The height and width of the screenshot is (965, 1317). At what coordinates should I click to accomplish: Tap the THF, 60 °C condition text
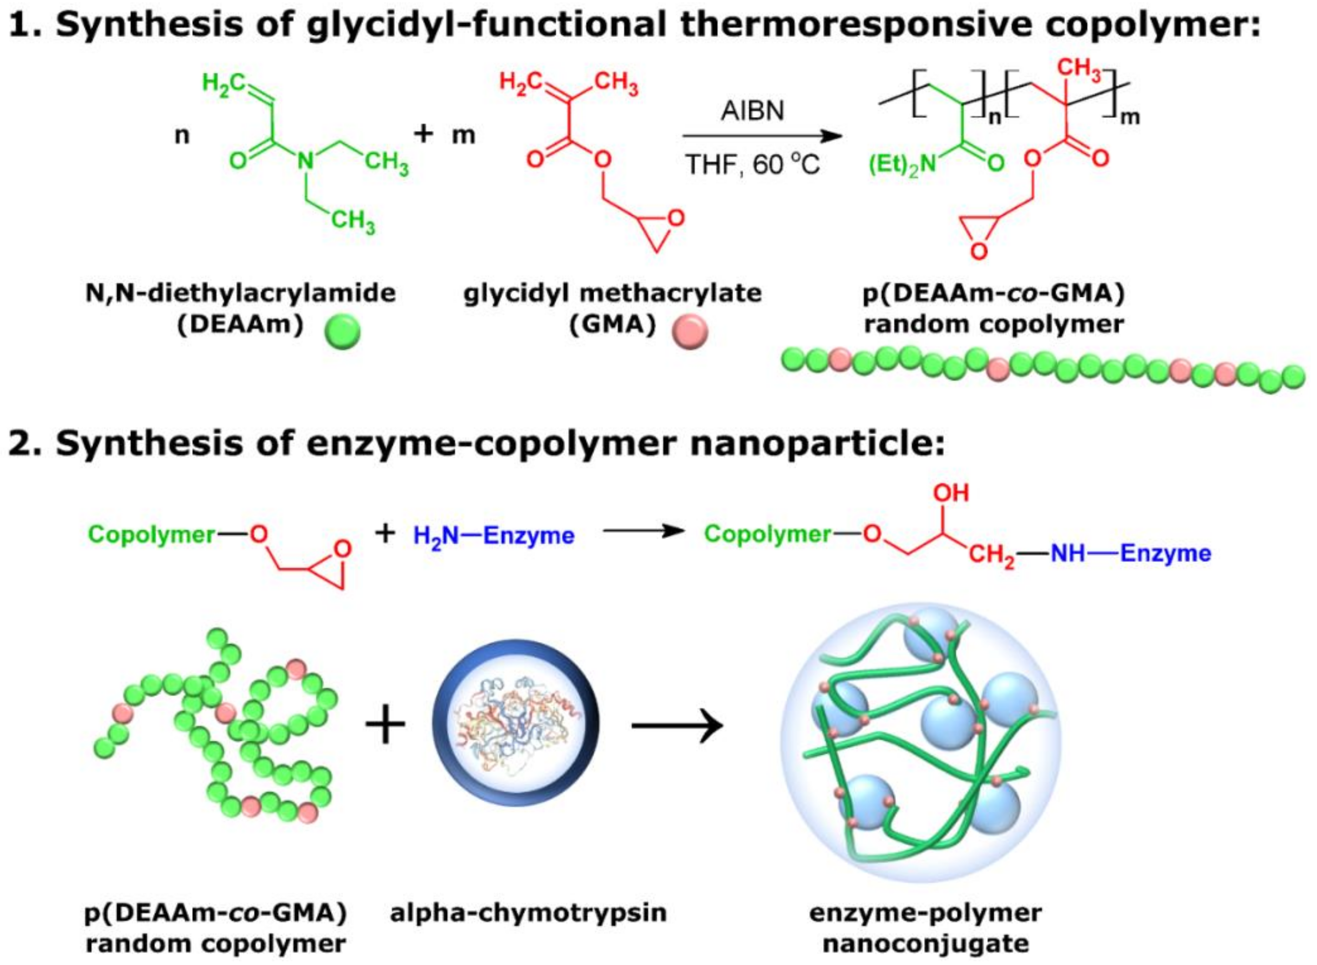(753, 165)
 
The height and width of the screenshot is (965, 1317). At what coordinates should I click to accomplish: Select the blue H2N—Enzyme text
(493, 535)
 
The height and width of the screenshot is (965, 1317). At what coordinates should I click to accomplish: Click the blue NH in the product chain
(1068, 553)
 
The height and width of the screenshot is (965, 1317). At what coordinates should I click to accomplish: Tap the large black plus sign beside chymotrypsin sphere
(385, 725)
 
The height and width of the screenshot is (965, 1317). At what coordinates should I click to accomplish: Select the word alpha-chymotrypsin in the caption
(528, 912)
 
